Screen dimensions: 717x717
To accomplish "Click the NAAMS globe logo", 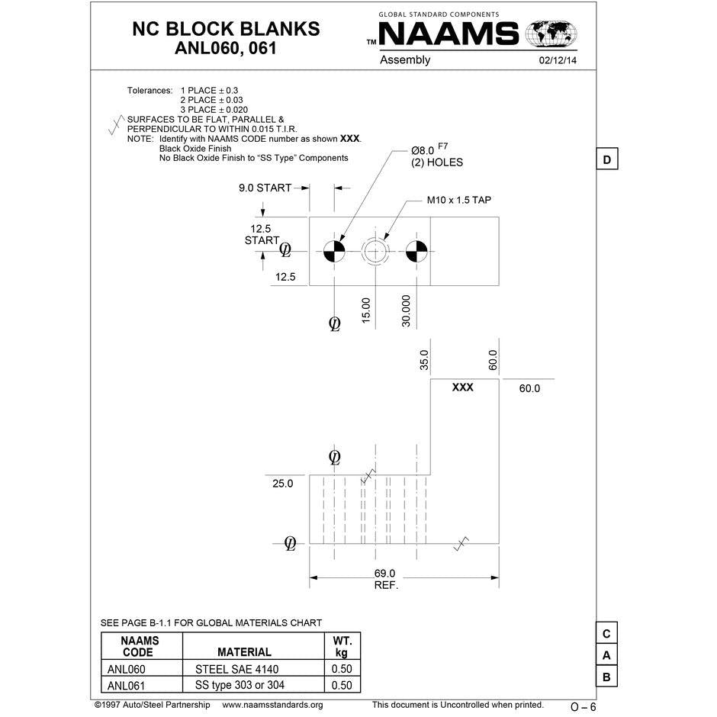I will pyautogui.click(x=551, y=34).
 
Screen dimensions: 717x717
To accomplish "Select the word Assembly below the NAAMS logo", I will pyautogui.click(x=405, y=60).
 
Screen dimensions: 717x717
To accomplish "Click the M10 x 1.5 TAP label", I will pyautogui.click(x=458, y=201).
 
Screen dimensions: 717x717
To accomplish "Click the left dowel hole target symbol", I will pyautogui.click(x=334, y=251).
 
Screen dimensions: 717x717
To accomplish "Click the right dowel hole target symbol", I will pyautogui.click(x=416, y=251).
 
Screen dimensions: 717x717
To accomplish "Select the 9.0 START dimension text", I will pyautogui.click(x=265, y=188).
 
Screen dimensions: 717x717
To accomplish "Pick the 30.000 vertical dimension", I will pyautogui.click(x=407, y=310).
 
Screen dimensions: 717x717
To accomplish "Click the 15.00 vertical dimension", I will pyautogui.click(x=365, y=309).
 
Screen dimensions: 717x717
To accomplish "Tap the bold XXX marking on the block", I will pyautogui.click(x=462, y=387).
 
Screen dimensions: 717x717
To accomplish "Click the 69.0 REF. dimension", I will pyautogui.click(x=385, y=579).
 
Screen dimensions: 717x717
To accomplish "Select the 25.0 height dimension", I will pyautogui.click(x=282, y=483).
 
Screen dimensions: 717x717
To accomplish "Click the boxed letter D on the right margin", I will pyautogui.click(x=606, y=160).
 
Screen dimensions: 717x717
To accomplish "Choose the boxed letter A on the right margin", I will pyautogui.click(x=606, y=655).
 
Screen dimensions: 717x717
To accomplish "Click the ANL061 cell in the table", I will pyautogui.click(x=127, y=685).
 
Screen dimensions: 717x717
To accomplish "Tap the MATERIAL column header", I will pyautogui.click(x=244, y=652).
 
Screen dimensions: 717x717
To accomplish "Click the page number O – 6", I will pyautogui.click(x=583, y=707).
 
